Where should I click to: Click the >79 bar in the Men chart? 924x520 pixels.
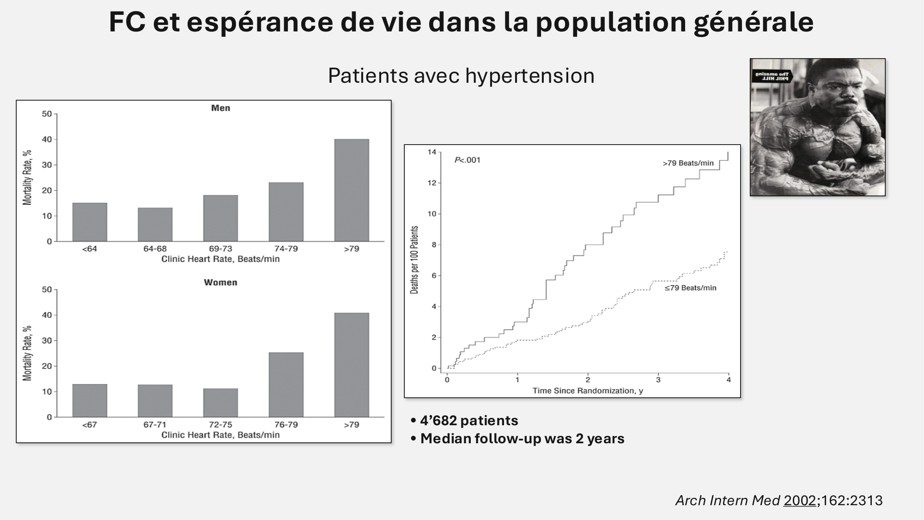click(x=352, y=190)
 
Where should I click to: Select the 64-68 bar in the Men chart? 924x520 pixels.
click(x=155, y=224)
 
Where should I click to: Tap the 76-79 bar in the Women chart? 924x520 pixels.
click(x=286, y=385)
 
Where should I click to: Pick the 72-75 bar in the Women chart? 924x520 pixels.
click(x=220, y=403)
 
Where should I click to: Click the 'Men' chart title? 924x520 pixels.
click(x=220, y=108)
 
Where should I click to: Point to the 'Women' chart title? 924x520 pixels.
click(x=220, y=282)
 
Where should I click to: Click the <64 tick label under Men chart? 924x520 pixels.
click(x=90, y=249)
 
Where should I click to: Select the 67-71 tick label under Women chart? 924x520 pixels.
click(x=155, y=424)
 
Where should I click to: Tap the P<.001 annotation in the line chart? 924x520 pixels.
click(x=467, y=160)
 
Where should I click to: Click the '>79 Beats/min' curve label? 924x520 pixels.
click(x=688, y=163)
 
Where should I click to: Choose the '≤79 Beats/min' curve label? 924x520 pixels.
click(x=690, y=288)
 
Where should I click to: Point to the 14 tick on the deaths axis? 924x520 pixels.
click(x=432, y=152)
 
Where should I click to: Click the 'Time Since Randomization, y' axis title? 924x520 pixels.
click(x=588, y=391)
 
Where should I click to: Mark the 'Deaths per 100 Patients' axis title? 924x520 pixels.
click(x=414, y=260)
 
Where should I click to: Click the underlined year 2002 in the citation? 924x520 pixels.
click(x=799, y=501)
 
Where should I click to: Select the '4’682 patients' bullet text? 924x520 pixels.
click(x=469, y=421)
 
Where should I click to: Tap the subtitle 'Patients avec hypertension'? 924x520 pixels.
click(x=461, y=76)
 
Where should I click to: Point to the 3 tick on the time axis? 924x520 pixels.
click(x=658, y=380)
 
